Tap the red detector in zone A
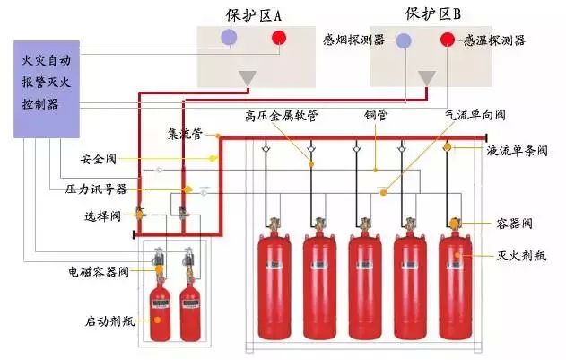tap(280, 39)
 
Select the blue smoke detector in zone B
tap(404, 40)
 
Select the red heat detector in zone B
tap(447, 40)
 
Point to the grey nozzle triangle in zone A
tap(248, 77)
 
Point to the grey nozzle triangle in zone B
tap(428, 78)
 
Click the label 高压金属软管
tap(281, 116)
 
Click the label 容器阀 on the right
tap(514, 222)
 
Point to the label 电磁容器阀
tap(99, 269)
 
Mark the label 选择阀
tap(102, 215)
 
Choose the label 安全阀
tap(100, 162)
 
